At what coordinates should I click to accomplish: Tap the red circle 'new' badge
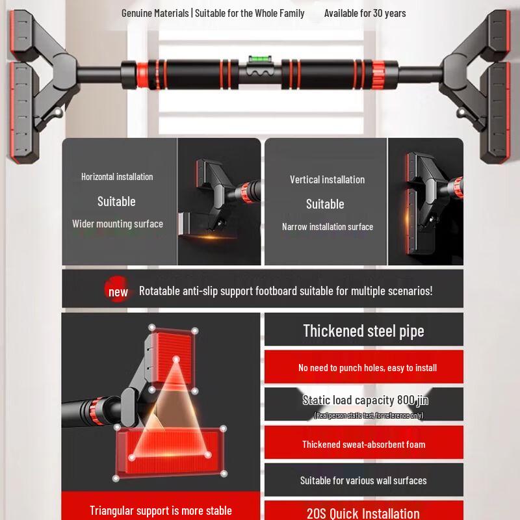118,291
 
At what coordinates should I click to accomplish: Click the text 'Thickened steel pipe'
363,331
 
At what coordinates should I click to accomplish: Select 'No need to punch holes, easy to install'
367,368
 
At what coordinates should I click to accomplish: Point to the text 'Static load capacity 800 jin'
365,400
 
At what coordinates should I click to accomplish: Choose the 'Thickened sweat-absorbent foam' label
363,445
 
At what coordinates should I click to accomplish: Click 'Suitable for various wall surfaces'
363,481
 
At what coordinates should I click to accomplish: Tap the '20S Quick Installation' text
363,513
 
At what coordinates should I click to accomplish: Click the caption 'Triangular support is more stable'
161,510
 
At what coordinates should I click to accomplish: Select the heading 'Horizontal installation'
117,177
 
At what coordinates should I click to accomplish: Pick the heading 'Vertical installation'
327,179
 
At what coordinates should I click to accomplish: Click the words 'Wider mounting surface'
118,224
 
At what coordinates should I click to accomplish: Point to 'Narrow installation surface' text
328,227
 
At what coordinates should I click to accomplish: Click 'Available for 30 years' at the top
365,13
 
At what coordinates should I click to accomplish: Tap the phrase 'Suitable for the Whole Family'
250,13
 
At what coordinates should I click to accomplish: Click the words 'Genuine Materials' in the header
155,13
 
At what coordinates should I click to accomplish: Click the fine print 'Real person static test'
368,415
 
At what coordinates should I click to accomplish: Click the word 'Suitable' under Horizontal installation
116,201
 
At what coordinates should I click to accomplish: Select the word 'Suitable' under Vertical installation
325,204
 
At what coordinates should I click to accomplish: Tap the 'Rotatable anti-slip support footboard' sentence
285,291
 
